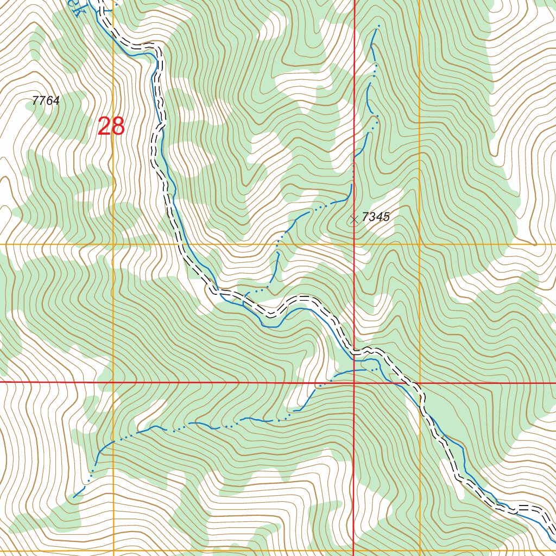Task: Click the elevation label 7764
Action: [x=46, y=100]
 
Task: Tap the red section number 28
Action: [x=111, y=127]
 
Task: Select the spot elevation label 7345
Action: [x=376, y=217]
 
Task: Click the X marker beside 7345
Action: [x=355, y=219]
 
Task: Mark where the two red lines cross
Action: [x=354, y=383]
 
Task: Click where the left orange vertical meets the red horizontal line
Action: [x=113, y=383]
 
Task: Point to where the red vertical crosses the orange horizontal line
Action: [x=354, y=244]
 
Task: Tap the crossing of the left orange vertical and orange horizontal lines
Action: [x=113, y=244]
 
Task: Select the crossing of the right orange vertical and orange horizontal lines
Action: [x=420, y=244]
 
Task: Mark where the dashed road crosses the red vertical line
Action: [x=354, y=351]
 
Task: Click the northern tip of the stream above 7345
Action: [x=378, y=26]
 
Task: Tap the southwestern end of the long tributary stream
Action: [x=74, y=496]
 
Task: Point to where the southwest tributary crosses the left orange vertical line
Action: [x=113, y=441]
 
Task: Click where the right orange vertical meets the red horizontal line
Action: [x=420, y=383]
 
